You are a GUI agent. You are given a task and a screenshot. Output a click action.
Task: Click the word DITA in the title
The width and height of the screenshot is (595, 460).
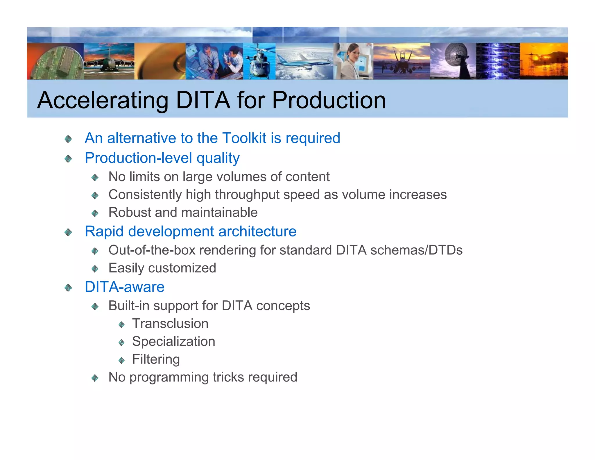[x=202, y=100]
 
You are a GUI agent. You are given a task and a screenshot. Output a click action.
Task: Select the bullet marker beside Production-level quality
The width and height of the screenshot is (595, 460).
[x=68, y=159]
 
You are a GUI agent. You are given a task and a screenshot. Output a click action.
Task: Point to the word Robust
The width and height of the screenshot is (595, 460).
[x=130, y=213]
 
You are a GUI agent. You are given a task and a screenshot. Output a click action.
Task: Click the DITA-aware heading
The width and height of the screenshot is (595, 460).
[x=125, y=287]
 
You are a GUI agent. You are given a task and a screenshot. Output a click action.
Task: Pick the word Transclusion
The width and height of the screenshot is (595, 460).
[x=170, y=324]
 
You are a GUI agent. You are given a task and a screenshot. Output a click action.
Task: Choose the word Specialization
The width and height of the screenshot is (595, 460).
[x=173, y=342]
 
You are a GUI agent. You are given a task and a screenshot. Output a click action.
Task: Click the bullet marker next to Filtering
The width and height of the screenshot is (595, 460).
[x=122, y=361]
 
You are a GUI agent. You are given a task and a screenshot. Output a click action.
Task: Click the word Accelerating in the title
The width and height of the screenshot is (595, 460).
[x=103, y=100]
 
